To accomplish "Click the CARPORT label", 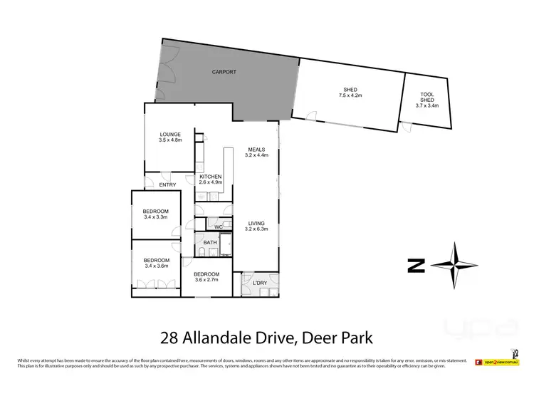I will [224, 73].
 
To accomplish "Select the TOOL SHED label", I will [427, 97].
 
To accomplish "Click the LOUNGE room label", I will [170, 134].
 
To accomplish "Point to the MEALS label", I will [256, 149].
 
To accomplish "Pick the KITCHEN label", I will [210, 176].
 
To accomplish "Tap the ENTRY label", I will [167, 185].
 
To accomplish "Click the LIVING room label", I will [256, 222].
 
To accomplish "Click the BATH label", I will [210, 243].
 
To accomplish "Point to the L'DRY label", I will [259, 284].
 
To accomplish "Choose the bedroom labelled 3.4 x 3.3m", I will [155, 214].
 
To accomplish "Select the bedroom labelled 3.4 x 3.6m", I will [157, 263].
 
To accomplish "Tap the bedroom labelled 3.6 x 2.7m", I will [206, 277].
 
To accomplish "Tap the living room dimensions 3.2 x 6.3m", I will [256, 228].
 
